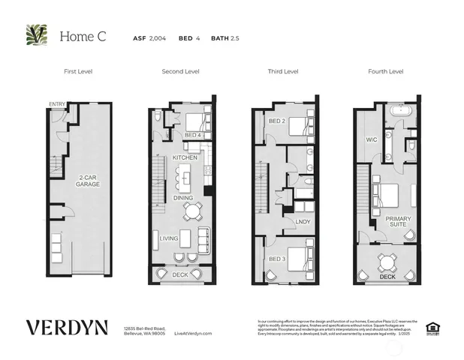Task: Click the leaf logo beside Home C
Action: tap(35, 35)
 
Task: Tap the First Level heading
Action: tap(79, 71)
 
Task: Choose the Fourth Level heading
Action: tap(385, 71)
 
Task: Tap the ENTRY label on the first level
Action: tap(57, 104)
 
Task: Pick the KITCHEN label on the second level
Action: tap(185, 157)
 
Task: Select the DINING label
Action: tap(184, 198)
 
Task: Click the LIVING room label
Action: tap(169, 238)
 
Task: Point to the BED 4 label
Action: tap(192, 135)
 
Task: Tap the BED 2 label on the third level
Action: tap(277, 120)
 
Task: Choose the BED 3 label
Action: tap(277, 258)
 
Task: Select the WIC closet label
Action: tap(371, 139)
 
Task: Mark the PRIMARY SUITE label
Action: tap(398, 223)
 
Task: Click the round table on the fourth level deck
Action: tap(387, 262)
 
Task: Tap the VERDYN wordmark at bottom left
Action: tap(67, 328)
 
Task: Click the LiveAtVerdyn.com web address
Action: tap(193, 333)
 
